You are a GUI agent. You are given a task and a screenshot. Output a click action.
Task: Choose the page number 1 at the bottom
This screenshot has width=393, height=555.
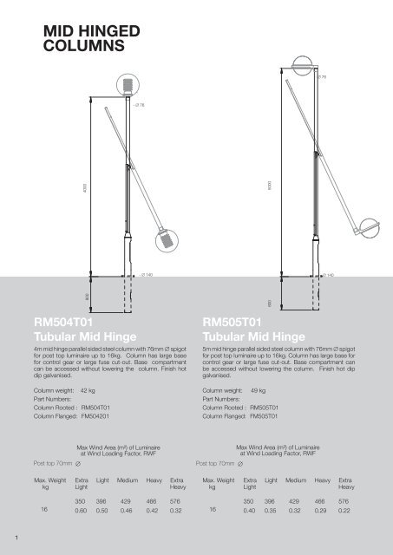pyautogui.click(x=7, y=546)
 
